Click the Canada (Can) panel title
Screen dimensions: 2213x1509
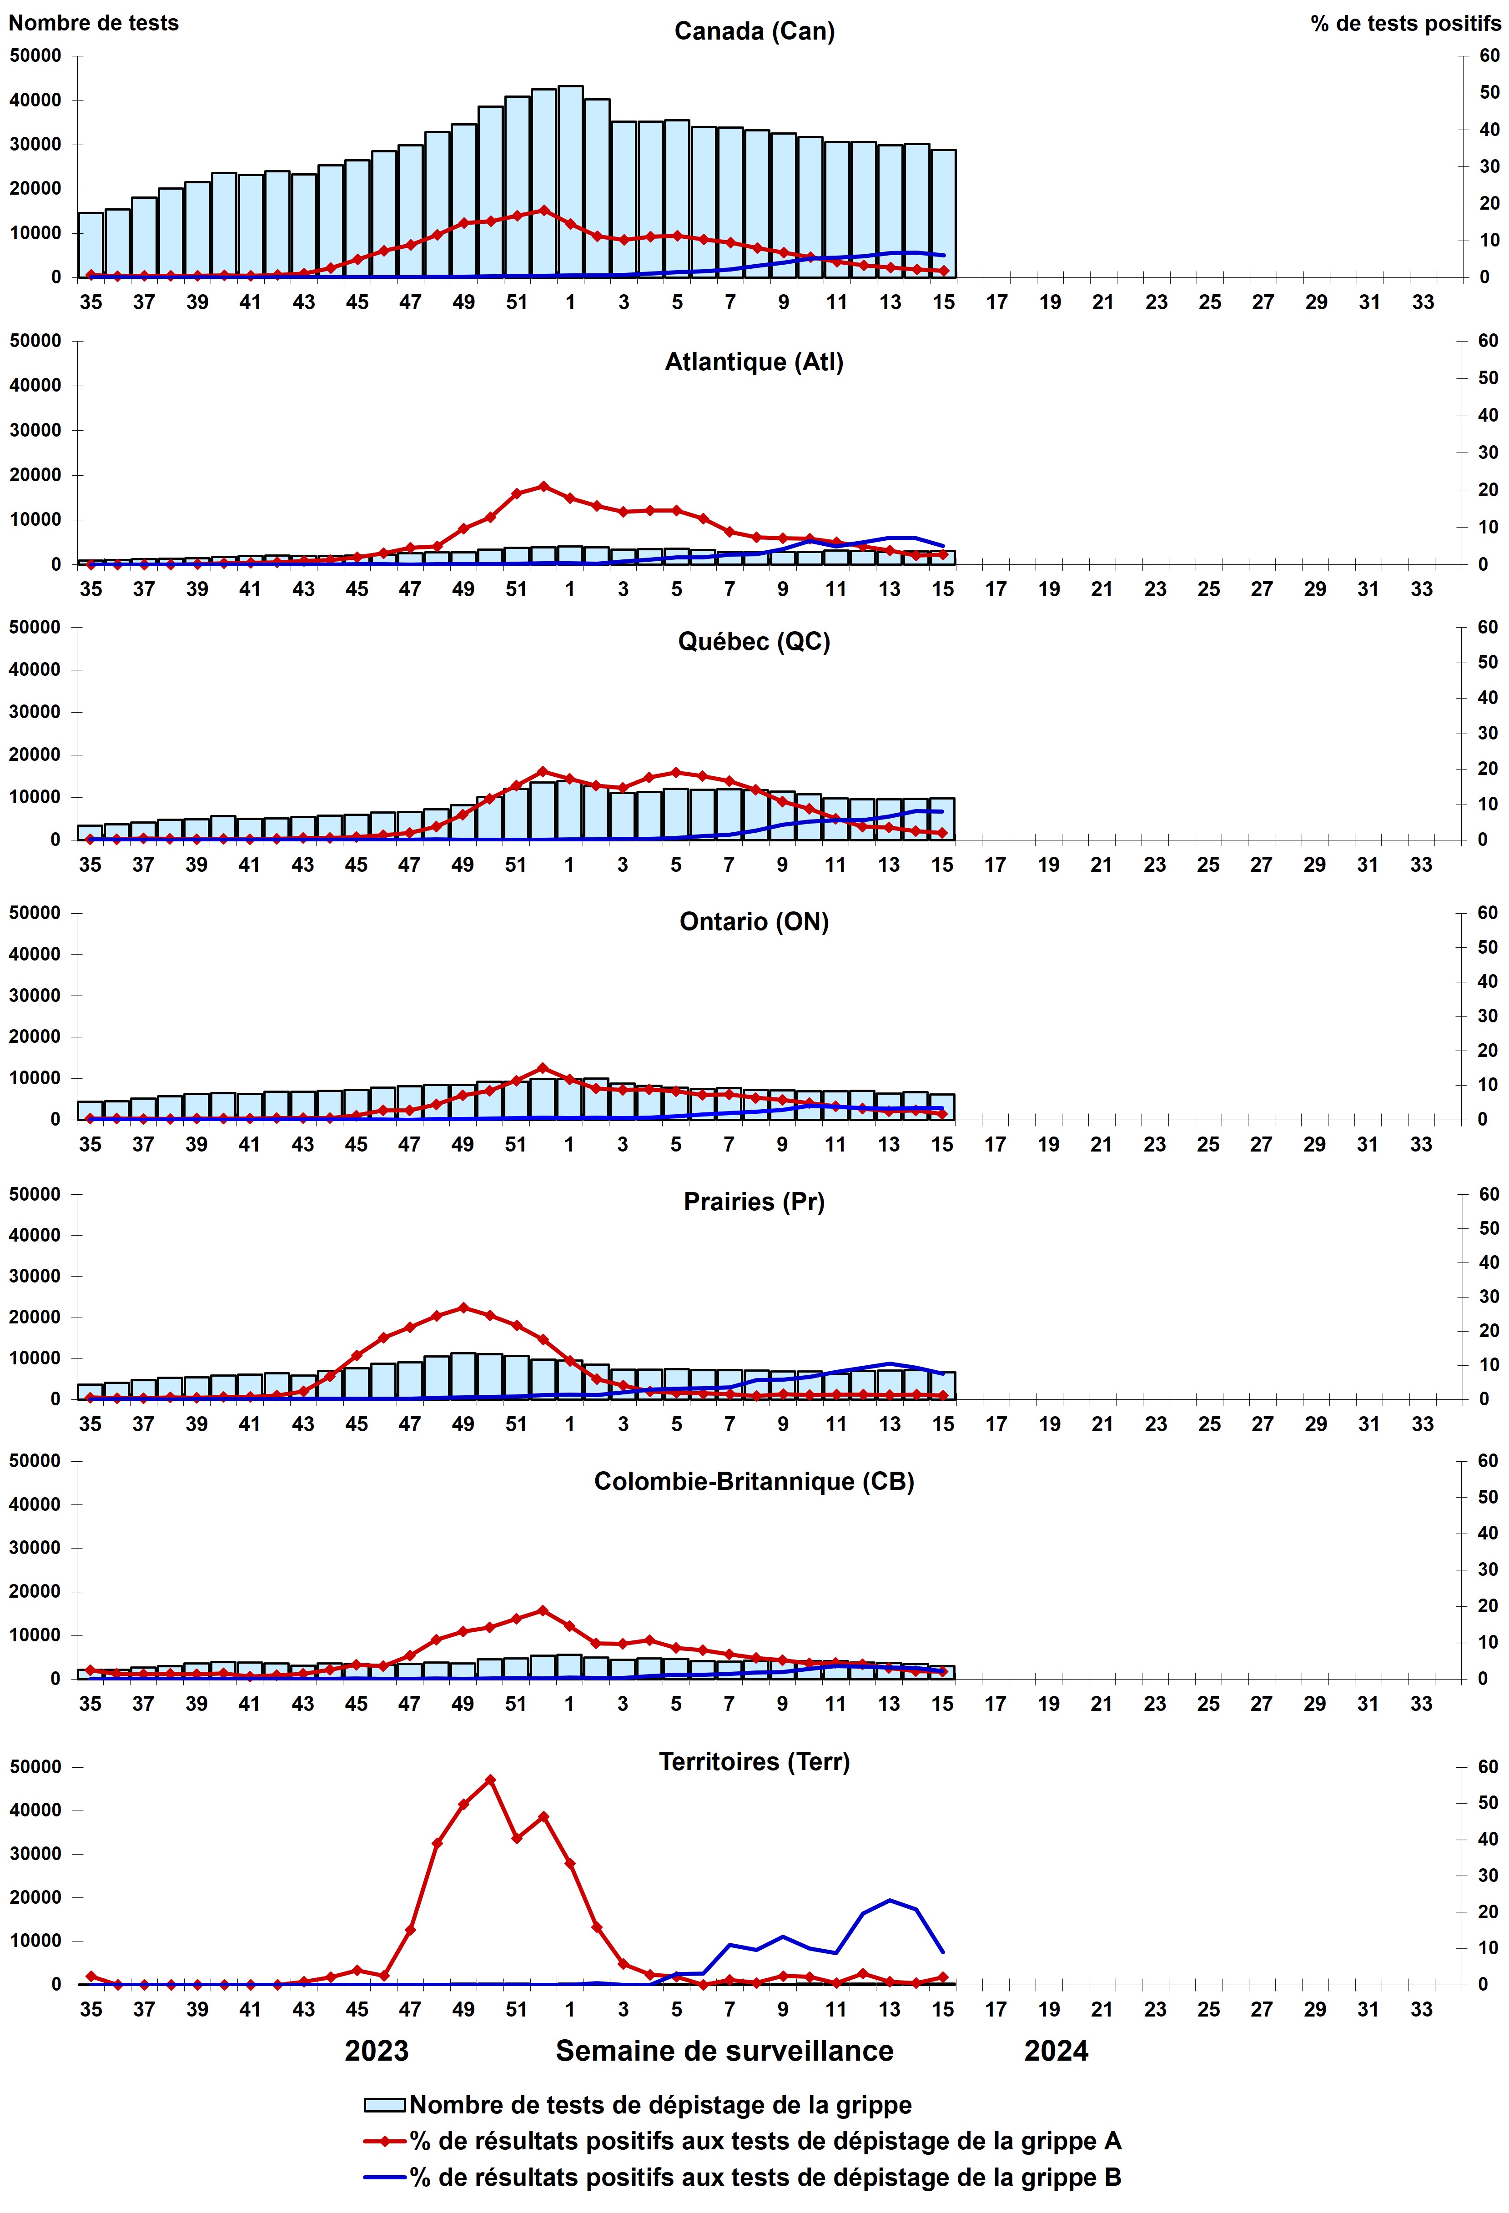[754, 31]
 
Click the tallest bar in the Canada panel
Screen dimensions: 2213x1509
[570, 181]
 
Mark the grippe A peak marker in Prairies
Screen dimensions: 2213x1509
[463, 1308]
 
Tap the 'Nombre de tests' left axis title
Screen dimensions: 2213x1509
[93, 23]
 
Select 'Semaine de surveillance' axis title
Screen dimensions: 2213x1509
[724, 2051]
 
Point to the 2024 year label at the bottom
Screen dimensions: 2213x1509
[1056, 2051]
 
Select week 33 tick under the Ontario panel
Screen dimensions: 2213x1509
[1421, 1145]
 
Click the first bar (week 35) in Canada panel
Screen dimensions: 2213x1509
[91, 245]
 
